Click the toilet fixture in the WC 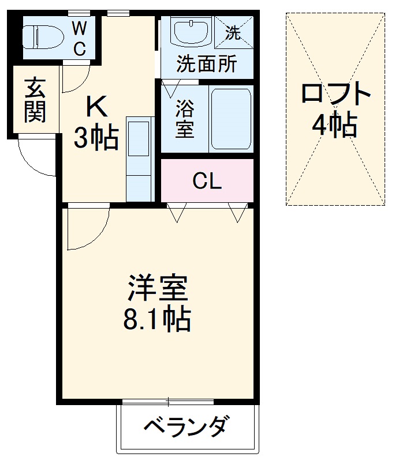[43, 36]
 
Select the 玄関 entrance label [34, 100]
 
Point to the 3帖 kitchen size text [96, 138]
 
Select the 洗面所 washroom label [207, 65]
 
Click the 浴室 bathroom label [185, 119]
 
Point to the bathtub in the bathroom [230, 119]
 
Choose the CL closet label [207, 182]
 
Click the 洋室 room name [158, 288]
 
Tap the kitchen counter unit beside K [139, 158]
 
